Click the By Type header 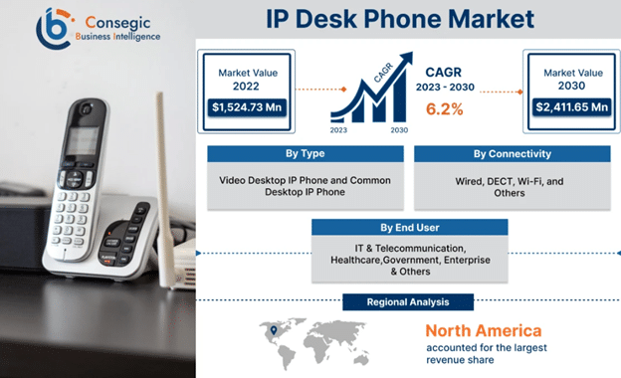[x=304, y=154]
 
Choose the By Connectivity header [x=513, y=154]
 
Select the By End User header [x=410, y=228]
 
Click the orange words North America [x=484, y=330]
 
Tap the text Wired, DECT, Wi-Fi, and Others [x=513, y=187]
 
